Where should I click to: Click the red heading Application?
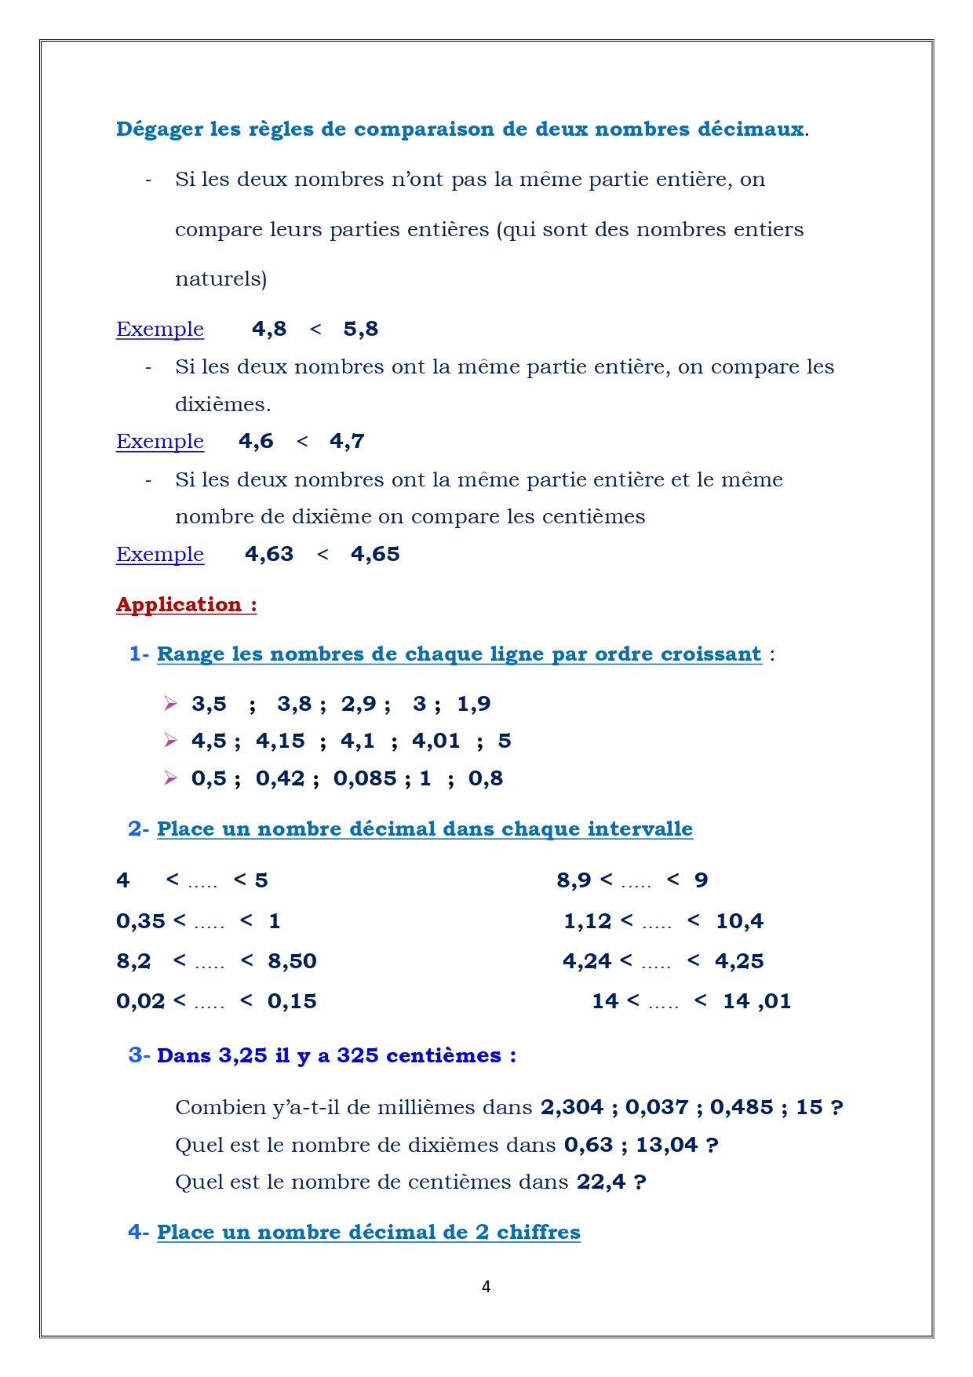click(179, 604)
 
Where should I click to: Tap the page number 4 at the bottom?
click(486, 1286)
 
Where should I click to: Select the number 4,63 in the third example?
click(269, 554)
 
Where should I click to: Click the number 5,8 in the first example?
click(361, 329)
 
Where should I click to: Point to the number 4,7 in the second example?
click(347, 441)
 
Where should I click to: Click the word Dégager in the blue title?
click(159, 129)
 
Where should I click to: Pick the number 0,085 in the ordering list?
click(365, 778)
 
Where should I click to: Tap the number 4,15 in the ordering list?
click(280, 741)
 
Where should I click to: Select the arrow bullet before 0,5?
click(170, 778)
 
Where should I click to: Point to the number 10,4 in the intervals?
click(739, 921)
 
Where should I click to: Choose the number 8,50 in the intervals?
click(292, 961)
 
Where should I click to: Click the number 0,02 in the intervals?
click(140, 1001)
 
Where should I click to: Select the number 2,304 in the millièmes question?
click(572, 1107)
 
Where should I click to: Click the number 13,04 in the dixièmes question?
click(666, 1145)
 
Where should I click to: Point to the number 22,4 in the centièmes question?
click(601, 1182)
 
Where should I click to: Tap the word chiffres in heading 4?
click(538, 1232)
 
